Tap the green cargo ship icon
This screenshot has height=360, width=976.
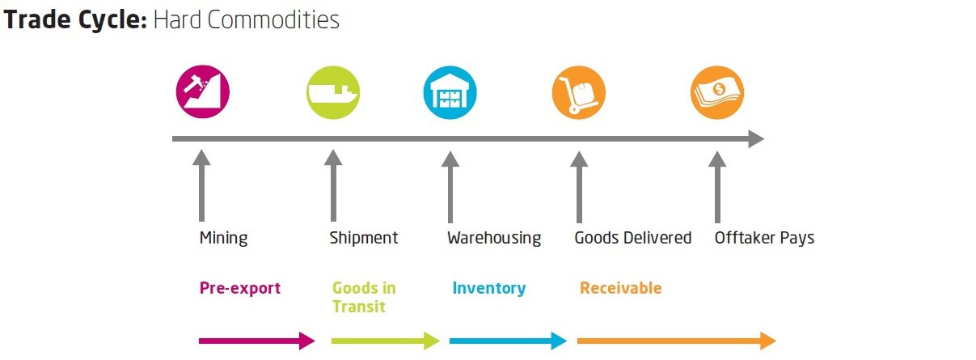point(332,91)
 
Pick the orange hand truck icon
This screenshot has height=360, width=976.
point(578,91)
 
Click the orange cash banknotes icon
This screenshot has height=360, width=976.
point(716,91)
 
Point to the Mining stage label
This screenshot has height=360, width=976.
point(223,238)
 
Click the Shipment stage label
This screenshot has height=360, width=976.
point(364,238)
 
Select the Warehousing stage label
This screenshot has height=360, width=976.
point(494,238)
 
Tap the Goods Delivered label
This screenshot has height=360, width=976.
point(633,238)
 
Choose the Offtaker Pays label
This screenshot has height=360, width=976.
point(764,238)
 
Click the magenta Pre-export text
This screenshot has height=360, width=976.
point(240,288)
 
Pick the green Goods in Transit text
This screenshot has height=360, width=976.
point(364,297)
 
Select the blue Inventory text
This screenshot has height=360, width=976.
point(489,288)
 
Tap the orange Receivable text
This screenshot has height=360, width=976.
point(620,288)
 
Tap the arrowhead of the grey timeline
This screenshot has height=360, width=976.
point(755,139)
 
